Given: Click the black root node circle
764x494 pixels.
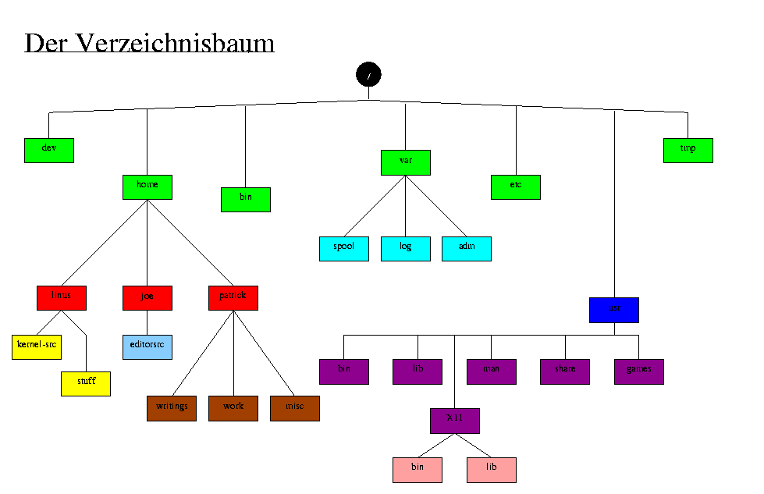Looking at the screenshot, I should pos(368,74).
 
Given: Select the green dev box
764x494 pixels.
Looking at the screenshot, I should pos(49,151).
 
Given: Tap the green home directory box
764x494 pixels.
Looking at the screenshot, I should pos(147,187).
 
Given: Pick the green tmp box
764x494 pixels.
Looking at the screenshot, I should pos(688,151).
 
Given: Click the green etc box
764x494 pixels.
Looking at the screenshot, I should pos(516,187).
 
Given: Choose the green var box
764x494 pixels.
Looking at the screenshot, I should pos(406,162).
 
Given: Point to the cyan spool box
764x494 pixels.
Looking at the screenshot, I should pos(344,248).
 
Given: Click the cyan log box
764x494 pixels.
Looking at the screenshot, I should pos(406,248).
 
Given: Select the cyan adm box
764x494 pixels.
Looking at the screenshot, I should pos(467,248).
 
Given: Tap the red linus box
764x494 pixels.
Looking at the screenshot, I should pos(62,298).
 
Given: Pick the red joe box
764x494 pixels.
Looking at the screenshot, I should pos(147,298).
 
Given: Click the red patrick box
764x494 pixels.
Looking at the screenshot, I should pos(233,298).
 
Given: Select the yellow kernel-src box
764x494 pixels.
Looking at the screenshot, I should pos(37,347).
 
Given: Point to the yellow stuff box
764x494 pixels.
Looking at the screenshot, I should pos(86,383).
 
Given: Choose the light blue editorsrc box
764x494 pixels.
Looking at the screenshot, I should pos(147,347).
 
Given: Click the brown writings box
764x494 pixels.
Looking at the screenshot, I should pos(172,408).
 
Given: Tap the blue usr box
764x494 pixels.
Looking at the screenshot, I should pos(614,310).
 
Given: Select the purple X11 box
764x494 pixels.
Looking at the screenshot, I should pos(455,421).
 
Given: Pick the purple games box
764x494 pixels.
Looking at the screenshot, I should pos(639,371).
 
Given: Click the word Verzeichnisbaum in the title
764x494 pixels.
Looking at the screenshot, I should pos(174,43).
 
